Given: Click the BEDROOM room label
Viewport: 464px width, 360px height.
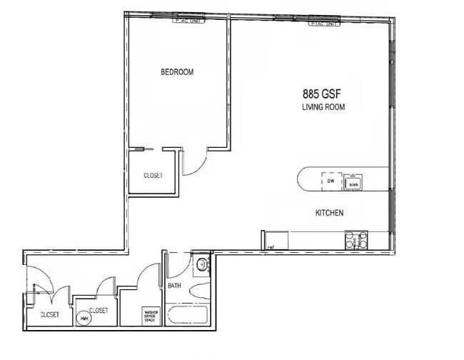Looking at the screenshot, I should tap(177, 72).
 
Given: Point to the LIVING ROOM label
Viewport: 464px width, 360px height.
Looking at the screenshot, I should tap(323, 107).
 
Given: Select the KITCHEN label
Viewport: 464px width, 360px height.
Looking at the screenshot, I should tap(330, 213).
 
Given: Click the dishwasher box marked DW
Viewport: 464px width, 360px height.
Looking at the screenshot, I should tap(331, 181).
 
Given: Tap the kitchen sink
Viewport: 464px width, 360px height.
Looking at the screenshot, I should tap(353, 184).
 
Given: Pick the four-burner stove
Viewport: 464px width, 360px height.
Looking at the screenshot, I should tap(356, 240).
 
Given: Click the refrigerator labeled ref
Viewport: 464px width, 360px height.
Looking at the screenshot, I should tap(271, 248).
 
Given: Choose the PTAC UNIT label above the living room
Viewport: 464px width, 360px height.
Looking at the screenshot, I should tap(324, 24).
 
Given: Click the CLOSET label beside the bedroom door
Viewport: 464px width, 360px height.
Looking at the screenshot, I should tap(153, 175).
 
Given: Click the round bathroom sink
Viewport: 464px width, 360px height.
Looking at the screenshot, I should tap(202, 265).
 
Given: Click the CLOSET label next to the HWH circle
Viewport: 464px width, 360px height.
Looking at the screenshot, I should tap(99, 311).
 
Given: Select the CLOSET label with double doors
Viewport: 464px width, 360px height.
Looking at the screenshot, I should tap(49, 314).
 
